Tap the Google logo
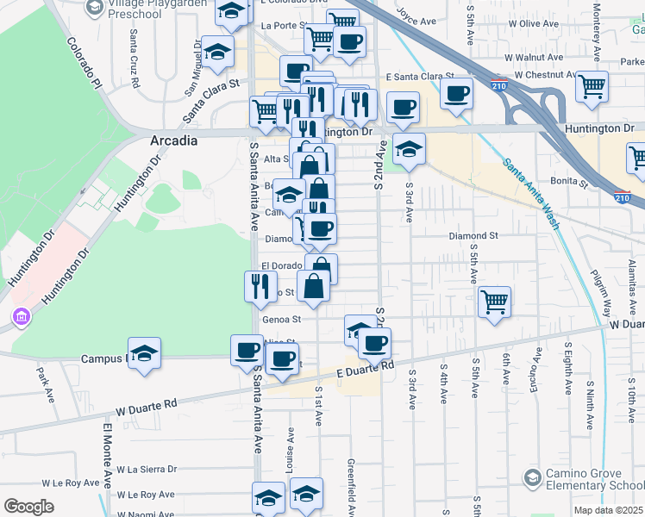(x=28, y=507)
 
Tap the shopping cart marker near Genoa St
(x=494, y=302)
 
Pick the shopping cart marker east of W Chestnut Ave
(x=592, y=85)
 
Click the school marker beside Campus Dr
(x=145, y=354)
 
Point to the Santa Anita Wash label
(x=531, y=193)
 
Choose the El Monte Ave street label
(x=107, y=455)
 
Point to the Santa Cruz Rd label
(x=135, y=59)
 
